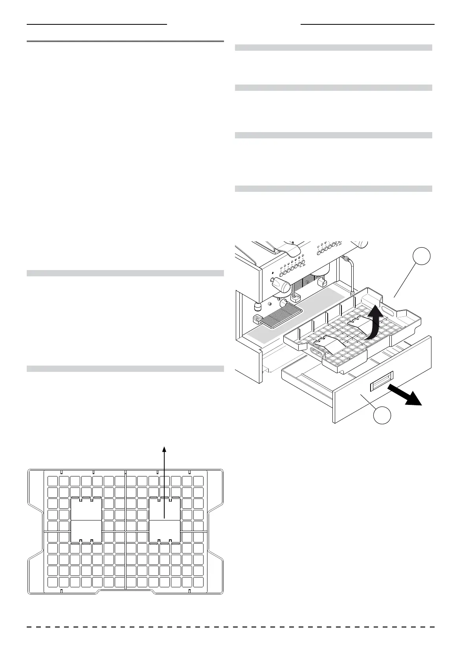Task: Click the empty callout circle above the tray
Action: [422, 257]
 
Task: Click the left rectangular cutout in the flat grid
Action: [86, 520]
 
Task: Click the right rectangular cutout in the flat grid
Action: [165, 520]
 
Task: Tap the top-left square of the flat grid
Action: [52, 481]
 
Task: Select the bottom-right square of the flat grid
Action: [198, 582]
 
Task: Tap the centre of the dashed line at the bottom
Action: [231, 627]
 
